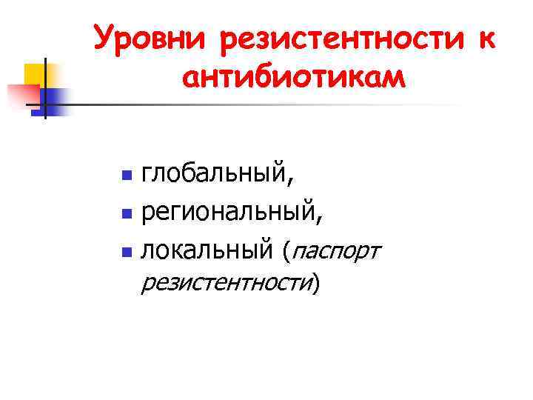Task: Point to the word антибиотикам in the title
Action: pyautogui.click(x=293, y=77)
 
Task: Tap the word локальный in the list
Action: pyautogui.click(x=207, y=252)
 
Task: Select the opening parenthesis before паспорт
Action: pyautogui.click(x=286, y=253)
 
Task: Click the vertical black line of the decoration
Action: pyautogui.click(x=44, y=87)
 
